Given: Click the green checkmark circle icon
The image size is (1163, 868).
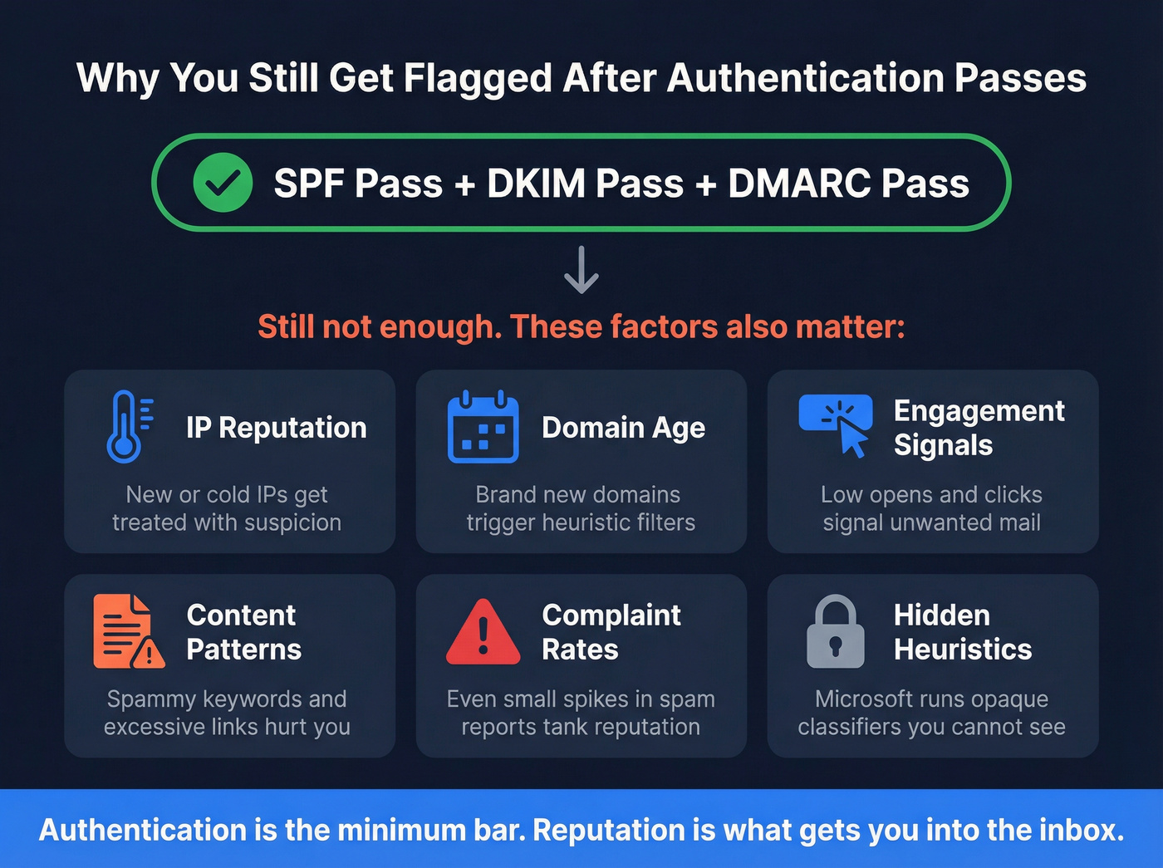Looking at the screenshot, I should pyautogui.click(x=223, y=183).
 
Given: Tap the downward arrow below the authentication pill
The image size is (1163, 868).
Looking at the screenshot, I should pyautogui.click(x=581, y=270).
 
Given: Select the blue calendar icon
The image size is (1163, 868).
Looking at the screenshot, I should pyautogui.click(x=483, y=426).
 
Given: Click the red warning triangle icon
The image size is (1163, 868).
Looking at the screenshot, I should pyautogui.click(x=483, y=632).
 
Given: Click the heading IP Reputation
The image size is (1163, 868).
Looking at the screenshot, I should pyautogui.click(x=276, y=427).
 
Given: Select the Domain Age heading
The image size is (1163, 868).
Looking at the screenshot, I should pyautogui.click(x=623, y=427).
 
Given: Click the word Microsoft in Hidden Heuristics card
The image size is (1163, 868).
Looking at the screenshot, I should pyautogui.click(x=867, y=699).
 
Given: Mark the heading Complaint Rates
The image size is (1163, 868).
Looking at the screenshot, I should pyautogui.click(x=611, y=632).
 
